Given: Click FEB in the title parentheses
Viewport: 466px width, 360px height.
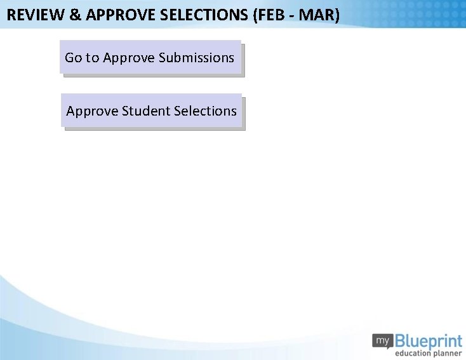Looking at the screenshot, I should (270, 15).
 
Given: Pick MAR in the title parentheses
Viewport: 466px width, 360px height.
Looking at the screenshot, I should (317, 15).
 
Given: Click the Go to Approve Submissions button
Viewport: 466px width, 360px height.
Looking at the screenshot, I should (150, 58).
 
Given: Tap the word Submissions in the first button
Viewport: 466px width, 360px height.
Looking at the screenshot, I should (196, 58).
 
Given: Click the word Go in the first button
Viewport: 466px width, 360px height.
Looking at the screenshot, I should (73, 58).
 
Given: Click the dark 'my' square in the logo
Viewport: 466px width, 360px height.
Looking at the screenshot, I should (383, 341).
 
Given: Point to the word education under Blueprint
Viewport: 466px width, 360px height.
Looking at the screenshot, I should (415, 354).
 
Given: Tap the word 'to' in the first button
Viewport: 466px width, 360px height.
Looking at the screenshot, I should (92, 58).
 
